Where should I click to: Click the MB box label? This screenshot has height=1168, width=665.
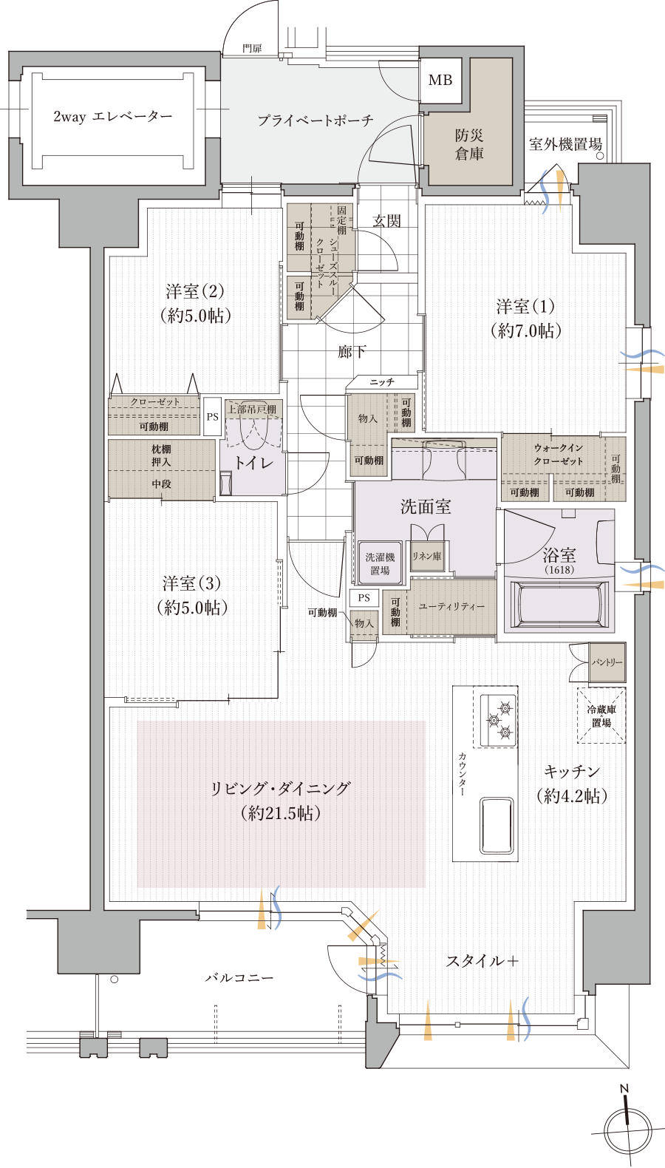pyautogui.click(x=440, y=80)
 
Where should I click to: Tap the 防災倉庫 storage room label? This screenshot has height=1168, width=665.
pyautogui.click(x=469, y=144)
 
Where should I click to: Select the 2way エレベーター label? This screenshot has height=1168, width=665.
pyautogui.click(x=112, y=117)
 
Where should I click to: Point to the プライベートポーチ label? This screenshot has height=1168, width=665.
pyautogui.click(x=316, y=120)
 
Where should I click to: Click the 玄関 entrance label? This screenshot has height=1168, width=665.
pyautogui.click(x=386, y=220)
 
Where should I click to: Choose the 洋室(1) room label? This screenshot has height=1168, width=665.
pyautogui.click(x=525, y=318)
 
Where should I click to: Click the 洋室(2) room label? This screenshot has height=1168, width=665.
pyautogui.click(x=195, y=303)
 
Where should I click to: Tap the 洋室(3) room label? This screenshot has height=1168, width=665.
pyautogui.click(x=191, y=595)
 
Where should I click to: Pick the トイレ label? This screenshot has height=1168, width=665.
pyautogui.click(x=253, y=464)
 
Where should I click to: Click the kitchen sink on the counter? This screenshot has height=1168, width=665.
pyautogui.click(x=497, y=826)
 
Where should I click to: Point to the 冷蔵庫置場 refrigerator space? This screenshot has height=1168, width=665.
pyautogui.click(x=601, y=716)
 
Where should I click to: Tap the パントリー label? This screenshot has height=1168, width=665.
pyautogui.click(x=607, y=662)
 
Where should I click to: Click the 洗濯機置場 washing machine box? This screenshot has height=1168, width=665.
pyautogui.click(x=380, y=564)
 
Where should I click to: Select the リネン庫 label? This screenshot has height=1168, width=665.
pyautogui.click(x=427, y=557)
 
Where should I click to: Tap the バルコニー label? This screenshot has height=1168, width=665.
pyautogui.click(x=239, y=977)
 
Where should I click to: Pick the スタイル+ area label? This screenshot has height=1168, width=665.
pyautogui.click(x=482, y=961)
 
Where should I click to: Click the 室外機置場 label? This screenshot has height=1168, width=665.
pyautogui.click(x=565, y=144)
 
